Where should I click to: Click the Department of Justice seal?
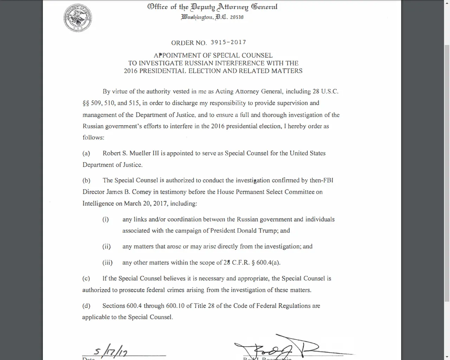point(78,18)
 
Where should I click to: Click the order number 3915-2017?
point(228,42)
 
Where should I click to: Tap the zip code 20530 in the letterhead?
point(237,17)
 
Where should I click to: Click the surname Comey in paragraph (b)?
point(142,192)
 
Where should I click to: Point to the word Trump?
point(268,231)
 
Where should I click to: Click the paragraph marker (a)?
point(86,153)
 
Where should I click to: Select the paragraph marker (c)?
point(86,278)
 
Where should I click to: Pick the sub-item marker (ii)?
point(107,246)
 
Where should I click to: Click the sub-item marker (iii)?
point(107,263)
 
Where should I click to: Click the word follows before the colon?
point(92,137)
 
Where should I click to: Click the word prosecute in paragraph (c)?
point(132,290)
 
